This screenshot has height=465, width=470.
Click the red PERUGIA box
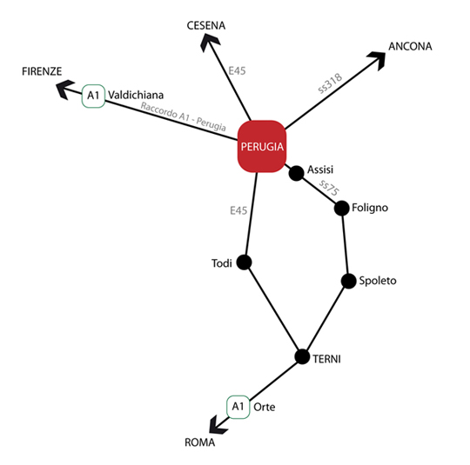click(x=262, y=146)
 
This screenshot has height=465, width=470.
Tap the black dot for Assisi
click(x=296, y=173)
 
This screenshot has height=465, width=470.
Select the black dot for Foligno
click(x=342, y=208)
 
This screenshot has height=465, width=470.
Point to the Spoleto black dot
click(x=349, y=281)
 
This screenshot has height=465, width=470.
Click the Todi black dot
click(x=244, y=262)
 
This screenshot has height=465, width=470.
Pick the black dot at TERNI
click(x=302, y=356)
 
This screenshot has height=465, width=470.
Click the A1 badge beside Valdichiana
click(x=93, y=96)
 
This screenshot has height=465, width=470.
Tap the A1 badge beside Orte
click(x=238, y=407)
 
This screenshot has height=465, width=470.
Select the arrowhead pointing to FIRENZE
click(x=65, y=89)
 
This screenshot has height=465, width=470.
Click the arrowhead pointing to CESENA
click(x=209, y=42)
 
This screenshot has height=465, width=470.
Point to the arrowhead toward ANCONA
click(x=377, y=60)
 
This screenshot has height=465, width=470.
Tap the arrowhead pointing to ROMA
click(x=218, y=425)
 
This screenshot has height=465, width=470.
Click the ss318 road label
click(x=330, y=83)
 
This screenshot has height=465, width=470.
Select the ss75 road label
click(x=329, y=188)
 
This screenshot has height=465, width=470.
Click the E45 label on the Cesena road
click(x=237, y=71)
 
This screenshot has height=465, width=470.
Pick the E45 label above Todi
click(x=238, y=210)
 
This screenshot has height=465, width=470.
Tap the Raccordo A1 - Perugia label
click(x=183, y=116)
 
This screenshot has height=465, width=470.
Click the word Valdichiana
click(x=136, y=95)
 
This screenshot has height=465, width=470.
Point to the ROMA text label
click(x=200, y=442)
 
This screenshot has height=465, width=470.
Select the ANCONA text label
click(x=410, y=46)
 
